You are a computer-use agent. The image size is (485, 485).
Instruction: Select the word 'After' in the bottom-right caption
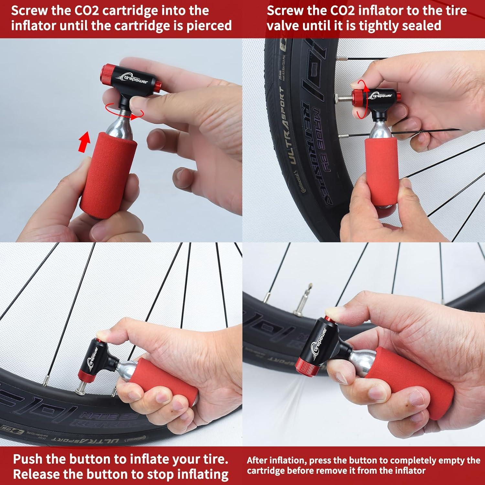[258, 460]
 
